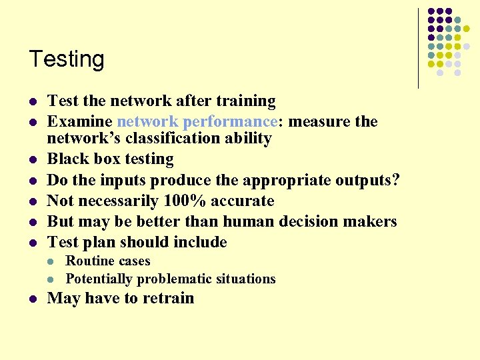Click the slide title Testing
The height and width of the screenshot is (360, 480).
[x=67, y=59]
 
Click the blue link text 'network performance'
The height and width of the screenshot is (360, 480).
[x=196, y=122]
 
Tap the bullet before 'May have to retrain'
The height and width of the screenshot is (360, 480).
[x=33, y=299]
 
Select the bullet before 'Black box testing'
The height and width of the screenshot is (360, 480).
[x=33, y=160]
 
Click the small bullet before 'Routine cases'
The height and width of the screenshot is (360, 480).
[x=52, y=261]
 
